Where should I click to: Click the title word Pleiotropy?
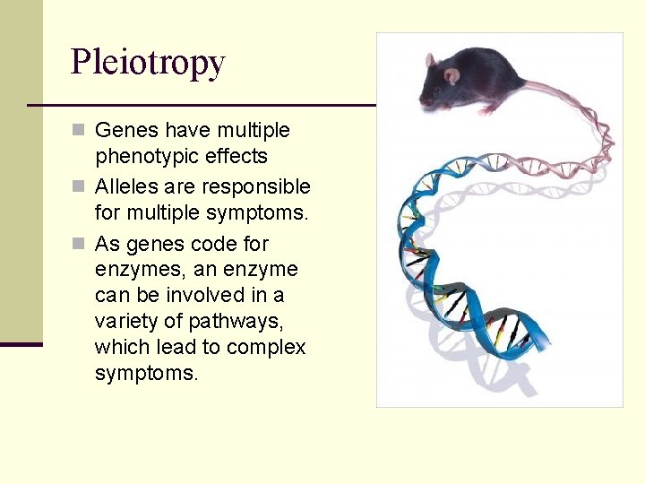click(148, 62)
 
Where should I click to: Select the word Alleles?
click(125, 187)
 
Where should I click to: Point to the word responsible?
click(256, 187)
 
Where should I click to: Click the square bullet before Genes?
click(78, 131)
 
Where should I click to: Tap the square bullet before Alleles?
click(78, 187)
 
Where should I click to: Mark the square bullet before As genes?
click(78, 244)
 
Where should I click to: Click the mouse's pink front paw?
click(488, 109)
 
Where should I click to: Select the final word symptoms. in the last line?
click(146, 373)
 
